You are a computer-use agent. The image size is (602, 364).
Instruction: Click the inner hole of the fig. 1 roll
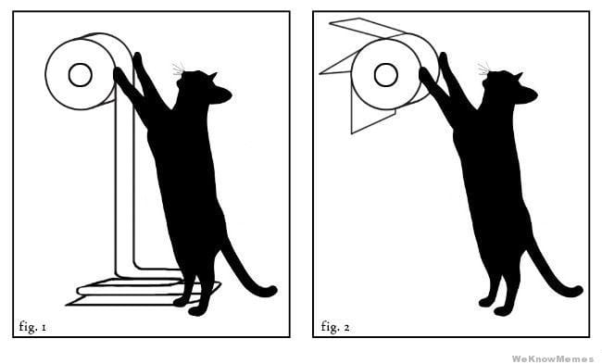80,74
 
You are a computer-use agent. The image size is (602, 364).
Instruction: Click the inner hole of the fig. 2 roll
385,74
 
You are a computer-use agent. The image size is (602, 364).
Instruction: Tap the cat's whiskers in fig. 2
483,69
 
